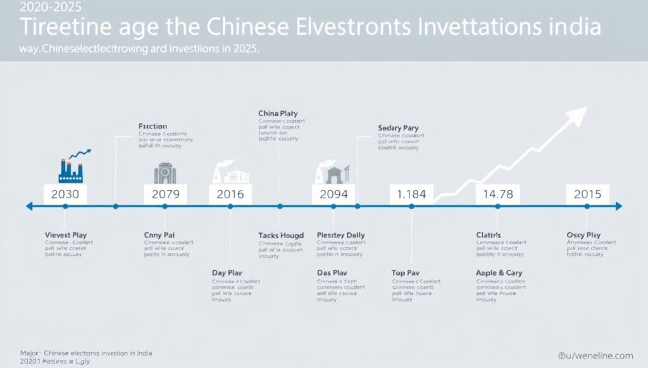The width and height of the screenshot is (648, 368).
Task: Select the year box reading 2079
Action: pos(166,194)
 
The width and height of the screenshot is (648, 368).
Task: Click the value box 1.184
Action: pos(411,194)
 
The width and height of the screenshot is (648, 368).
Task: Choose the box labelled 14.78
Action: pos(497,194)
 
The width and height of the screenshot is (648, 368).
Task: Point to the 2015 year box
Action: pos(587,194)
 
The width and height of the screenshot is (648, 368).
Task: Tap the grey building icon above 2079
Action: pos(166,172)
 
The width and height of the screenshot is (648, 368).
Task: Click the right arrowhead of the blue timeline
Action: pos(618,206)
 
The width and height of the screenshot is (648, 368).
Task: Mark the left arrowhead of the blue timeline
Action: pos(29,206)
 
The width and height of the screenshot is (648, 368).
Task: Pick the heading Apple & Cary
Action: pos(499,272)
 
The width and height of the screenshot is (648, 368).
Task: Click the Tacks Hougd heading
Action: pos(281,235)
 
